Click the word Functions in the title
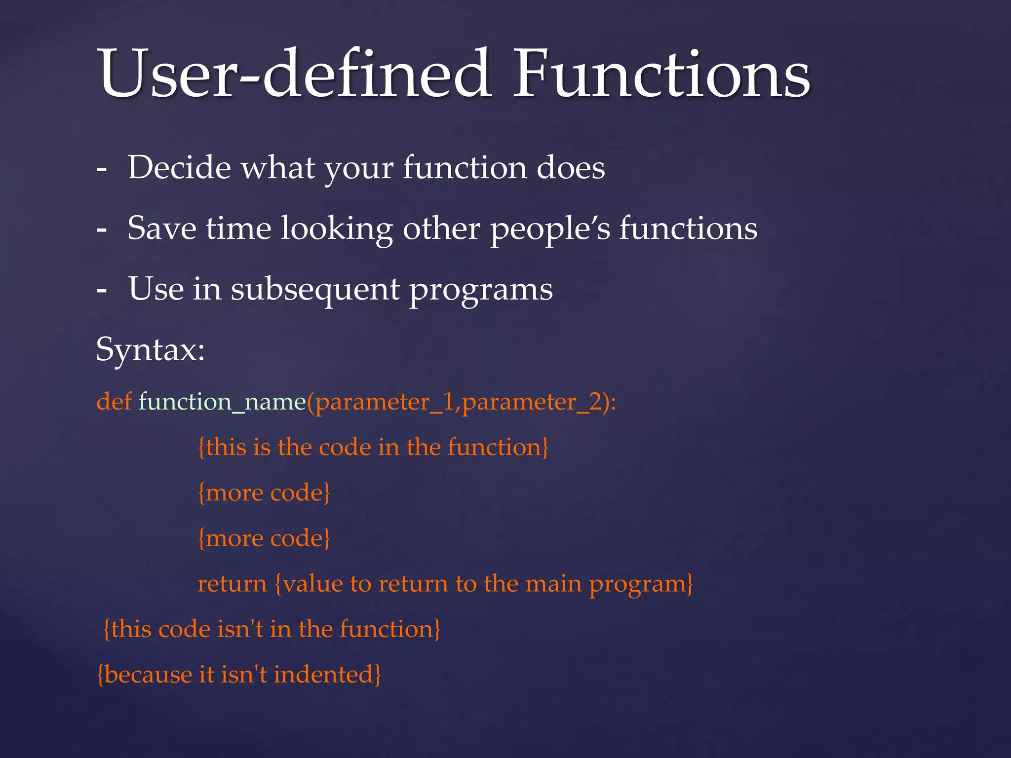(x=661, y=74)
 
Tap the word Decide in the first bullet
(x=179, y=168)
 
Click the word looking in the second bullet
(x=337, y=229)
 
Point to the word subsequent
(x=315, y=290)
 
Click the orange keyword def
(x=114, y=401)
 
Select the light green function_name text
(x=222, y=402)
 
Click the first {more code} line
(x=264, y=493)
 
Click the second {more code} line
(x=264, y=538)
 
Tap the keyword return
(x=232, y=584)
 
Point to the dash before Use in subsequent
(x=102, y=290)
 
